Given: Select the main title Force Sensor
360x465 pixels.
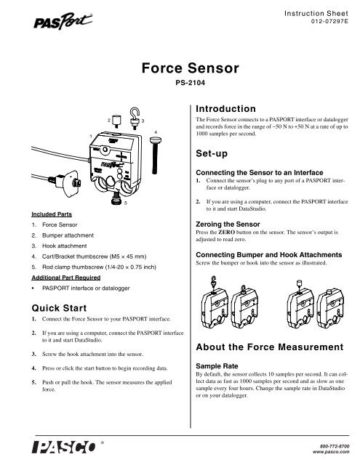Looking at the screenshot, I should pos(180,70).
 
